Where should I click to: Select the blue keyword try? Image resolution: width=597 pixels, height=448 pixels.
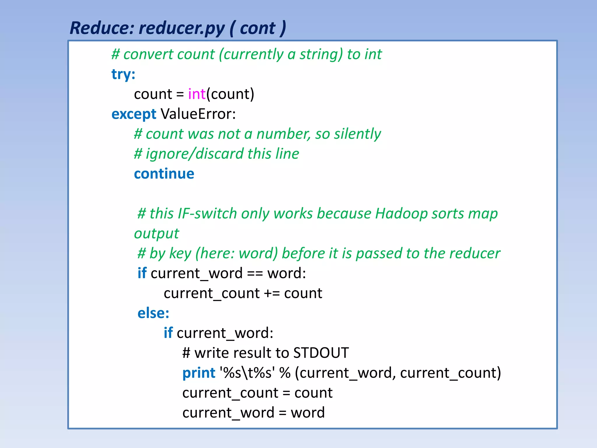tap(123, 74)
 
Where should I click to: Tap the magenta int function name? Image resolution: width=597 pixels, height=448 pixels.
tap(197, 94)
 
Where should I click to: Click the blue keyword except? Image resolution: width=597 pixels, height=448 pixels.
tap(134, 114)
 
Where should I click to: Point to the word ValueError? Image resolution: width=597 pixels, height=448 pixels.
tap(198, 114)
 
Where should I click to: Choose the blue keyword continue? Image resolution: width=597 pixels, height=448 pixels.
tap(164, 174)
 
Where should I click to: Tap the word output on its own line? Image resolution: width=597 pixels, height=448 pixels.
tap(157, 234)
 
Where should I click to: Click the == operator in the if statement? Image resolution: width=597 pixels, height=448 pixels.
tap(255, 274)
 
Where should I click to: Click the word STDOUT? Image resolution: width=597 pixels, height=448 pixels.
tap(321, 353)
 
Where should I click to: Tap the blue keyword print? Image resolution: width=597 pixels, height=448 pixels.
tap(199, 373)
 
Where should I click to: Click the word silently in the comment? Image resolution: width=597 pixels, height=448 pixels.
tap(357, 134)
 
